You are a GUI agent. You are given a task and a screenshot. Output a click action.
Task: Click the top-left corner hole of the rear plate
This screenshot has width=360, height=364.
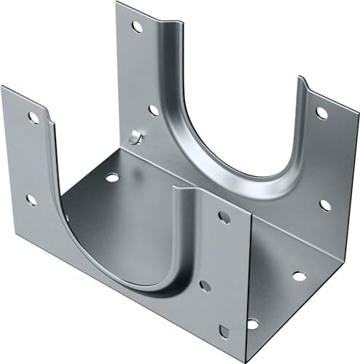tap(136, 27)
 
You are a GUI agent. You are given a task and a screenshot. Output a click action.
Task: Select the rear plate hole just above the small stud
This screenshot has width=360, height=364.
tap(153, 111)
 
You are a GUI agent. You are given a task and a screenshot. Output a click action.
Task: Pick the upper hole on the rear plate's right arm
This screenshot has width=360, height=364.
tap(321, 112)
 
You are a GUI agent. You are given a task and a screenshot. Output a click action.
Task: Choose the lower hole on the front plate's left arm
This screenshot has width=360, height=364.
tap(31, 199)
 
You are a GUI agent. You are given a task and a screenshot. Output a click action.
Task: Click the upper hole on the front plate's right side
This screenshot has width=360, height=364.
tap(224, 217)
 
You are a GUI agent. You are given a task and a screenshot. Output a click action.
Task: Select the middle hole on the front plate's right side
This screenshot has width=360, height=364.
tap(205, 286)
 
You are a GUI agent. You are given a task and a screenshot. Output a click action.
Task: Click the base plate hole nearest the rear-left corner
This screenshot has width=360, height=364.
tap(111, 177)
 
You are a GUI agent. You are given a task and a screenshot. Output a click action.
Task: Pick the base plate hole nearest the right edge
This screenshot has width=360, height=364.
tap(299, 276)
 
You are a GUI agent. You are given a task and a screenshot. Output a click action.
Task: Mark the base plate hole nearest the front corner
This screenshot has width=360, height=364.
tap(252, 324)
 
